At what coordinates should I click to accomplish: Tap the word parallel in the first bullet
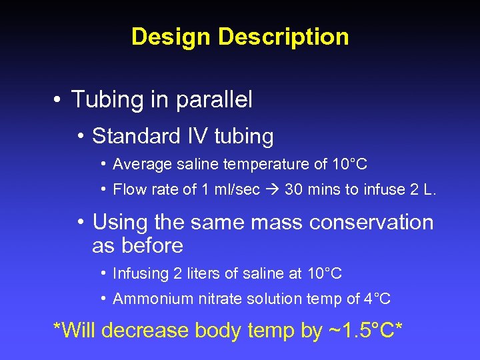click(x=214, y=100)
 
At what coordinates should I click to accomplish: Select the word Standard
click(x=137, y=136)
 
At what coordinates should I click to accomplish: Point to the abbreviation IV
click(x=197, y=136)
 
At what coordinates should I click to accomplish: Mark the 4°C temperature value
click(x=376, y=299)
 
